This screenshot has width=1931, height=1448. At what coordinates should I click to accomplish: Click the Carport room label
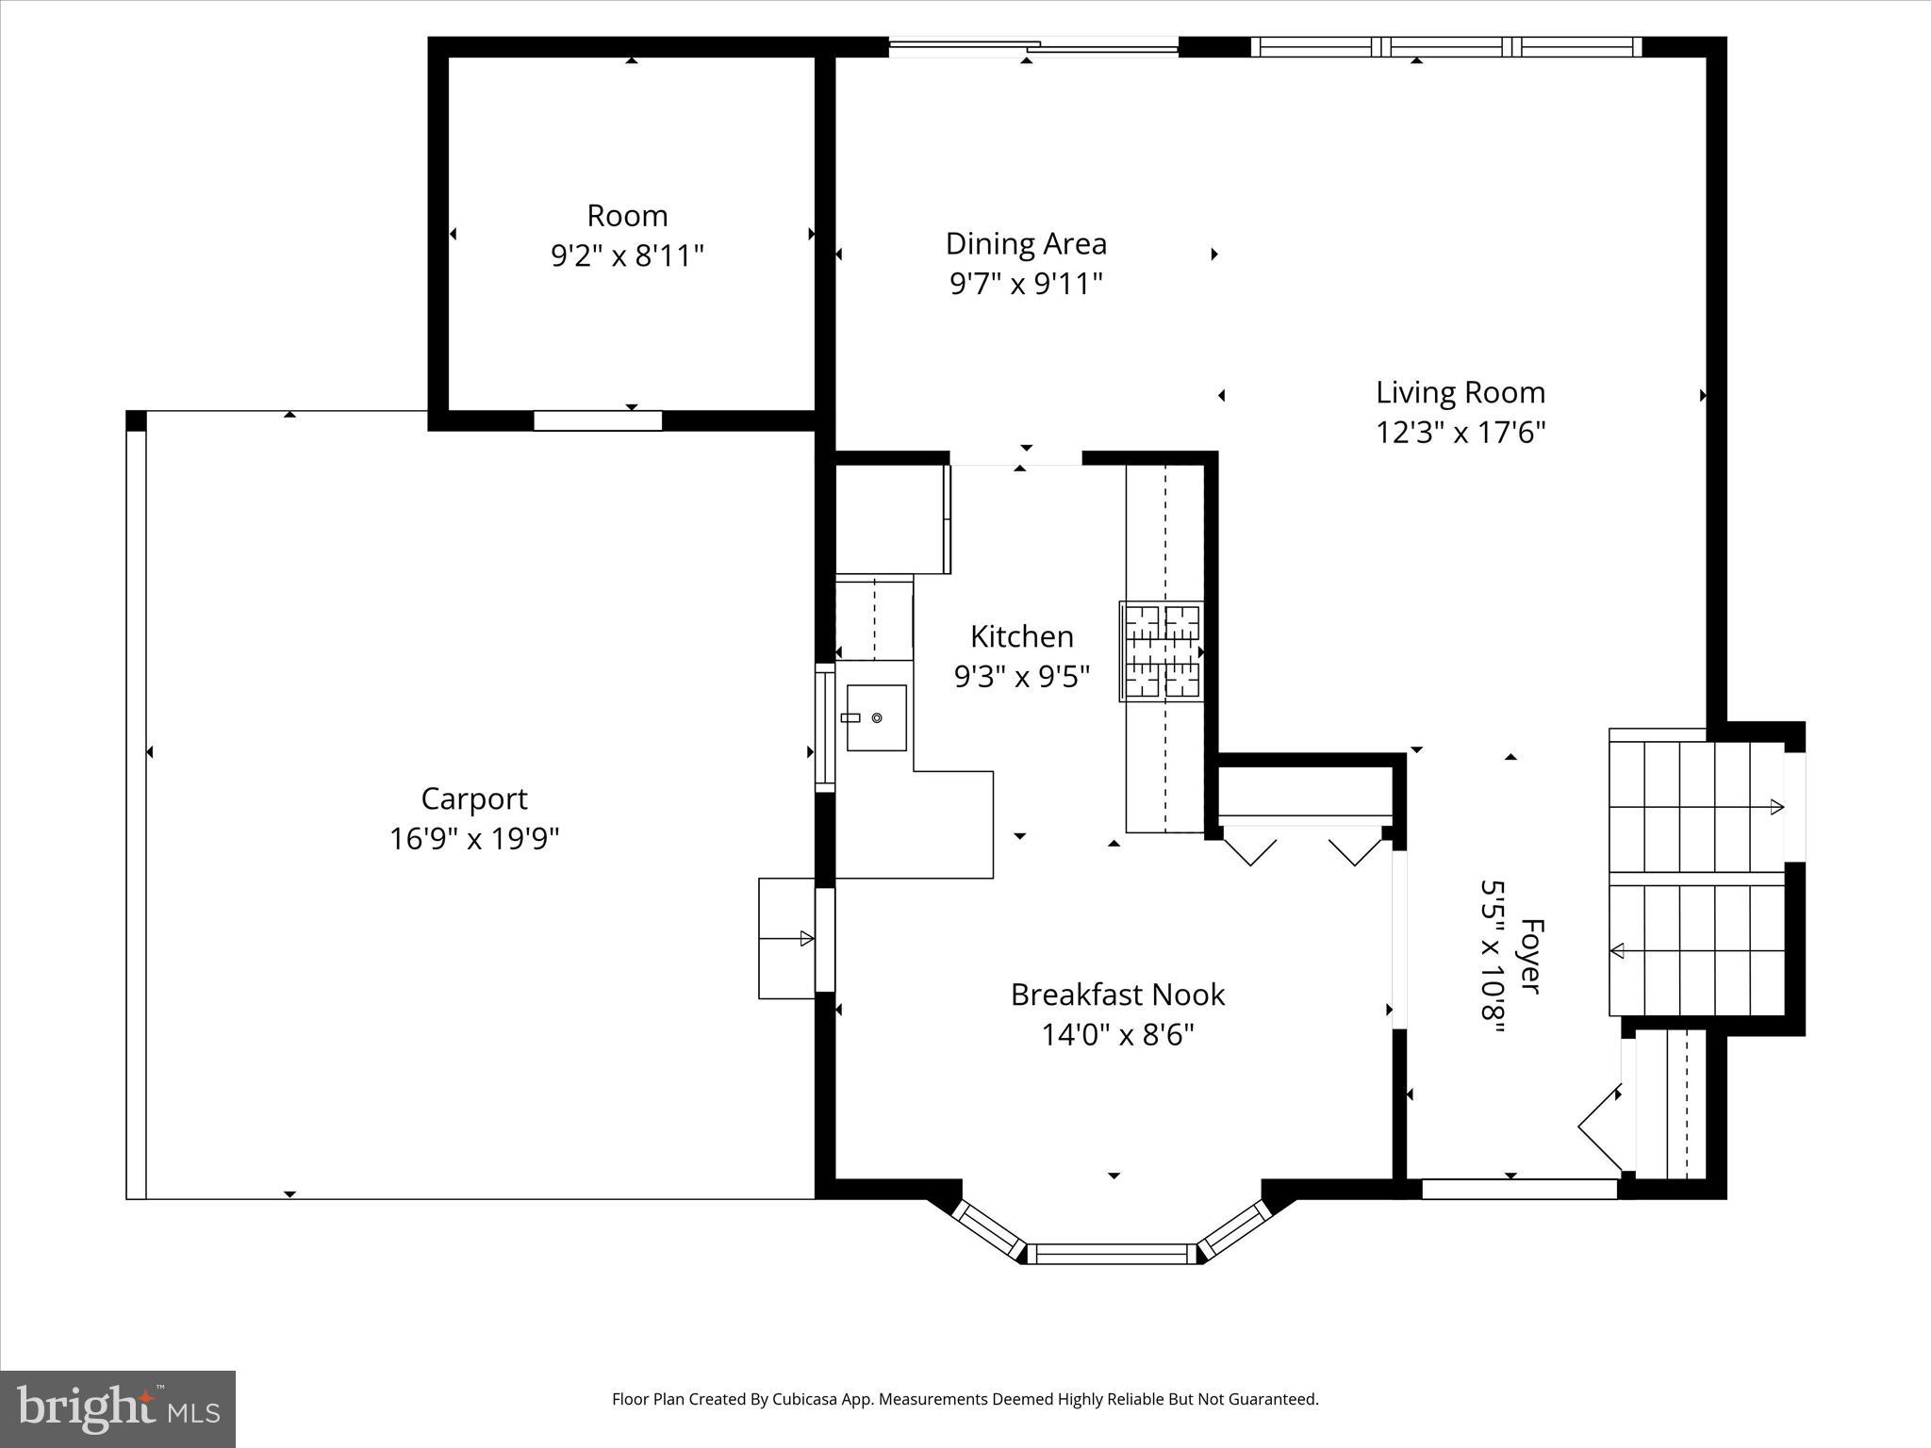pos(473,798)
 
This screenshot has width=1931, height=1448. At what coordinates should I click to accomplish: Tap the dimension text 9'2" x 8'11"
pos(627,255)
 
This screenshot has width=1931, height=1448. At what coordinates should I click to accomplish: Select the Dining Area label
pos(1026,243)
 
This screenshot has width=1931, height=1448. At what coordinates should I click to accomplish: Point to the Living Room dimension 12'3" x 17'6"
pos(1460,433)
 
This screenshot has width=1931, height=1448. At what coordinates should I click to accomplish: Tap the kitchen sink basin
pos(876,718)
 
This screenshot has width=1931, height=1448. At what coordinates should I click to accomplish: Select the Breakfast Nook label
pos(1117,995)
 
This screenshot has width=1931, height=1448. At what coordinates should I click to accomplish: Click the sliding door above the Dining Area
pos(1033,44)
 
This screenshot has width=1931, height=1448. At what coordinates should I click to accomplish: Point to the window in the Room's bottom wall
pos(598,421)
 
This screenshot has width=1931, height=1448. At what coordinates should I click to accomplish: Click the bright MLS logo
pos(118,1408)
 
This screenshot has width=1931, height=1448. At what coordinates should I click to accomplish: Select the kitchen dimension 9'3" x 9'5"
pos(1022,676)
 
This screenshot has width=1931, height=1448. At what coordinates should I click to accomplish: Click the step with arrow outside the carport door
pos(787,938)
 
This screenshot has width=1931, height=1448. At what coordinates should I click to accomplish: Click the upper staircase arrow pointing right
pos(1774,807)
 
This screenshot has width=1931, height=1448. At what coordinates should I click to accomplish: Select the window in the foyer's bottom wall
pos(1518,1190)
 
